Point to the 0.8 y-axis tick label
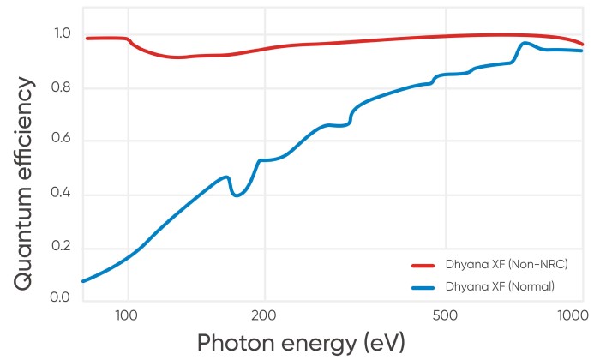pos(63,88)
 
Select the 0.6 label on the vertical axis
pos(63,141)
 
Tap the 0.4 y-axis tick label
pos(63,195)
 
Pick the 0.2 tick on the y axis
pos(63,248)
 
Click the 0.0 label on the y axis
pos(63,297)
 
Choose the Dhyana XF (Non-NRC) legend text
pos(507,264)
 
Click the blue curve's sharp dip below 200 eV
pos(236,195)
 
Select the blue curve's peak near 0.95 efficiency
pos(525,43)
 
